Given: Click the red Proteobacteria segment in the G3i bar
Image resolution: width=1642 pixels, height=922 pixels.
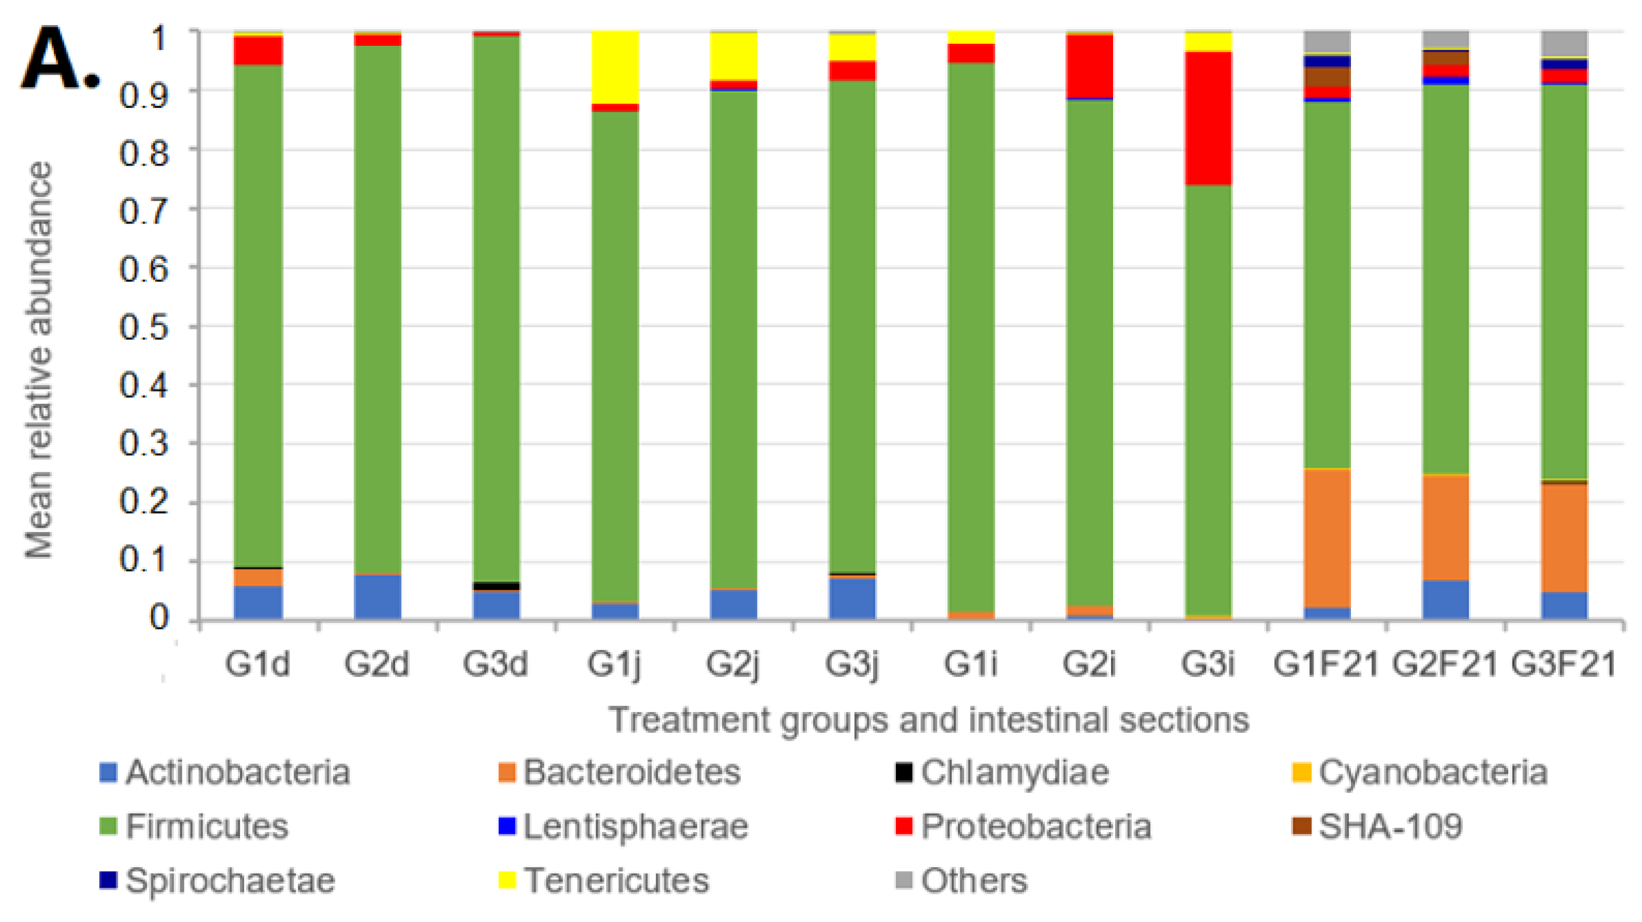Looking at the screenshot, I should click(1208, 118).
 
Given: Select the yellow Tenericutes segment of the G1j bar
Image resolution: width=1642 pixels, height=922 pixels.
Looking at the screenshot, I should click(615, 67).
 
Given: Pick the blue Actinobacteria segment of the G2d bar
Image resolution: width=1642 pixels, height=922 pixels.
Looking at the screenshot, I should click(377, 596).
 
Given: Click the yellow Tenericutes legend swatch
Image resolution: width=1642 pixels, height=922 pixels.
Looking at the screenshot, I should click(507, 880).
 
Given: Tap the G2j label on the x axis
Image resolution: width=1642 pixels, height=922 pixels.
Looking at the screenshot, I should click(733, 664).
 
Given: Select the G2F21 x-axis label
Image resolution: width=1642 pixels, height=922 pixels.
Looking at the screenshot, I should click(1444, 664).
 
